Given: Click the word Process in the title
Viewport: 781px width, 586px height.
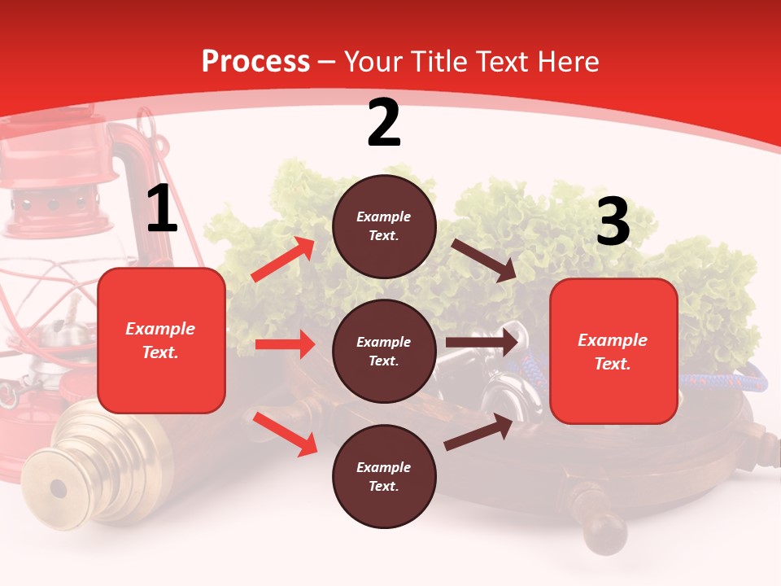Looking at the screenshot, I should [255, 62].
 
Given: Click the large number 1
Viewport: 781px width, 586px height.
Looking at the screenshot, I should [162, 209].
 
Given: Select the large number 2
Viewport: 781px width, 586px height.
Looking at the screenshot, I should [384, 123].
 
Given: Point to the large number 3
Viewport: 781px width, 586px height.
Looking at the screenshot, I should [613, 222].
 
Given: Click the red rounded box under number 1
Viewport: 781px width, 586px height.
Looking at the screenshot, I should [161, 340].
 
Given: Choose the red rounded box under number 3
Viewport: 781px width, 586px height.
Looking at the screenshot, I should [613, 352].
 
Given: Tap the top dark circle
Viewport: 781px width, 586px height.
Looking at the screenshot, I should [384, 226].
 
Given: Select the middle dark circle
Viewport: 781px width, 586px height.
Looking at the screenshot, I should [384, 351].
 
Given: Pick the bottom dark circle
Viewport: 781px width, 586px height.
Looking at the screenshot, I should [384, 476].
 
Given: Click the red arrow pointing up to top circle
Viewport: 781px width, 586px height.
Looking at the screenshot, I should [283, 259].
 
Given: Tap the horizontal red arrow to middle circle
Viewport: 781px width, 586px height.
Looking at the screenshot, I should [285, 344].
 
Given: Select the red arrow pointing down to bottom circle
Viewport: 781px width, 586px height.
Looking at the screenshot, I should [286, 433].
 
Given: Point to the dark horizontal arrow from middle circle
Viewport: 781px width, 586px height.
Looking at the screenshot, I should [482, 343].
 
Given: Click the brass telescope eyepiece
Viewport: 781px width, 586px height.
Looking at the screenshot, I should [58, 489].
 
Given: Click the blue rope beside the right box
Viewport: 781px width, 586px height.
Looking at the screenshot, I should [724, 378].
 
